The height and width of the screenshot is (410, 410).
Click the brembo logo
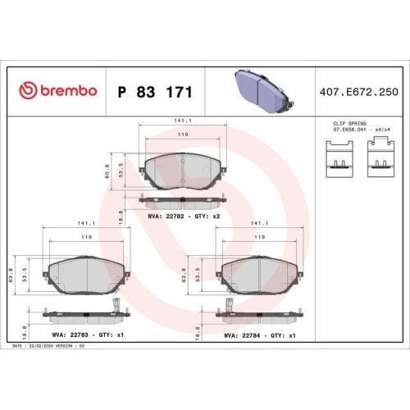tap(58, 89)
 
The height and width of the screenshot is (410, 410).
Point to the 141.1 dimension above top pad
tap(182, 121)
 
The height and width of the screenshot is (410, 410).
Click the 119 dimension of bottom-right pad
tap(259, 236)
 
